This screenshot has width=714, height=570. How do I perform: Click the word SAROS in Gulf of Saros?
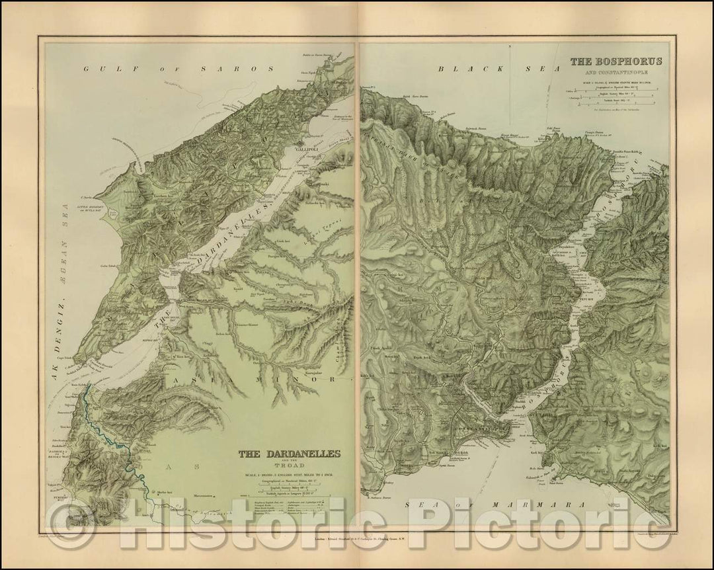point(249,68)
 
